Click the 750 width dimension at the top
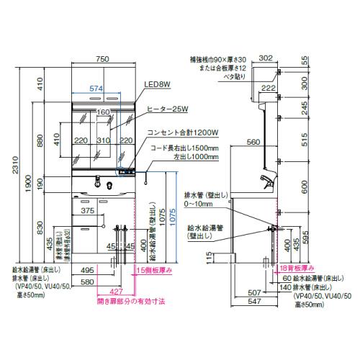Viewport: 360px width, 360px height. coord(104,60)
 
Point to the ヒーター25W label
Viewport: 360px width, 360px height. coord(168,109)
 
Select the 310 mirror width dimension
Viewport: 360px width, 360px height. coord(104,142)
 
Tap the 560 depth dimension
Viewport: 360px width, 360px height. coord(252,143)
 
